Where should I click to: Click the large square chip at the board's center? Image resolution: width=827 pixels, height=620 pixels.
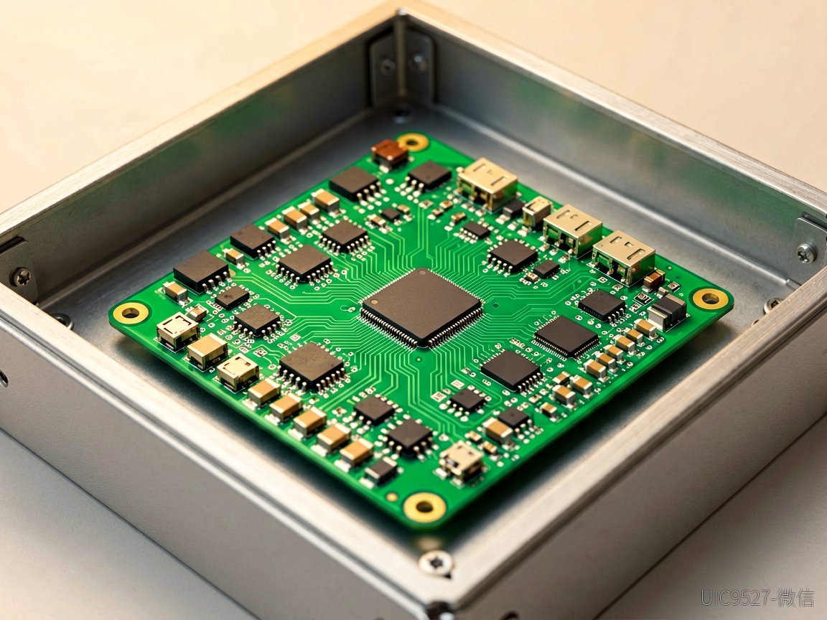click(x=421, y=307)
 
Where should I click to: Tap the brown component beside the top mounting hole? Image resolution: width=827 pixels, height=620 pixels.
click(x=390, y=152)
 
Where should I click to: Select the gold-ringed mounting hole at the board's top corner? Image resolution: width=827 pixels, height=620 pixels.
click(x=413, y=141)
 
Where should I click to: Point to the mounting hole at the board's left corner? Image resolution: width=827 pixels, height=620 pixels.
click(x=130, y=313)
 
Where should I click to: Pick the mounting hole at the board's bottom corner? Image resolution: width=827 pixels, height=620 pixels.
click(x=424, y=507)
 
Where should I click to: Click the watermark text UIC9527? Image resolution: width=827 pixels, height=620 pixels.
click(x=735, y=598)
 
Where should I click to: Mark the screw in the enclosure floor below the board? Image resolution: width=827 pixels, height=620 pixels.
click(x=436, y=562)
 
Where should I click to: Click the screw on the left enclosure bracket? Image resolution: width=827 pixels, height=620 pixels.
click(x=21, y=276)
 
